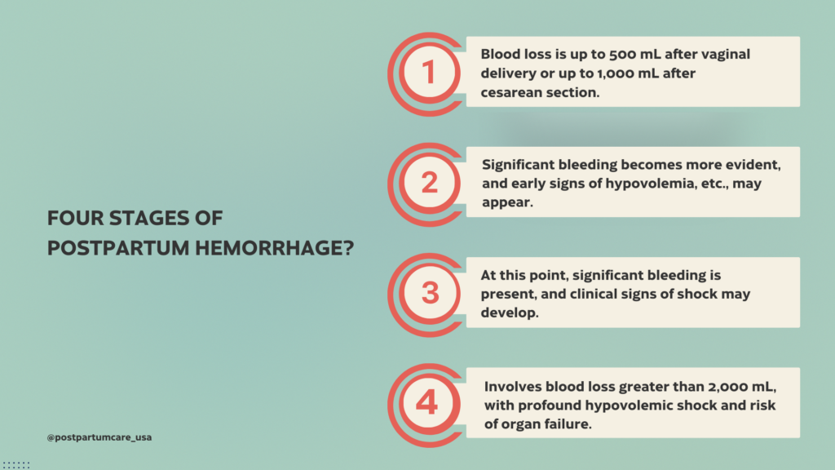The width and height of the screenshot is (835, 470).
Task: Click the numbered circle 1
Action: [430, 72]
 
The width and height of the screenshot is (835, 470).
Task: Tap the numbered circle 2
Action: [430, 183]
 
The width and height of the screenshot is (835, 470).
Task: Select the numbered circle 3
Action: [430, 292]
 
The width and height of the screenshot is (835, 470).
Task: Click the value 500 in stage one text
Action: [598, 54]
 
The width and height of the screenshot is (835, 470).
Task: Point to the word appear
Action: [506, 202]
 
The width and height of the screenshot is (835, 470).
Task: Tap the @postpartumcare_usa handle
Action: [99, 437]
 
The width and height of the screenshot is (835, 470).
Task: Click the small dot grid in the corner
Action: [15, 464]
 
